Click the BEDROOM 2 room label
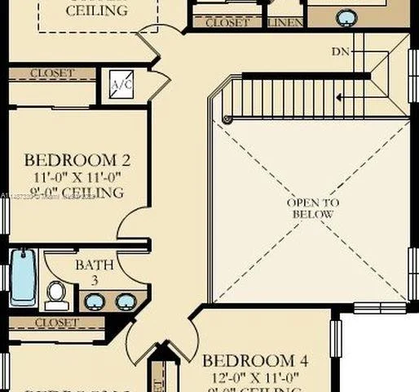click(77, 159)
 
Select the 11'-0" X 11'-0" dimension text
click(77, 176)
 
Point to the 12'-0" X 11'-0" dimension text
click(255, 377)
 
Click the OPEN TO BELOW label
click(313, 208)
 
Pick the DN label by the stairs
click(341, 51)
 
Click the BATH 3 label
click(89, 272)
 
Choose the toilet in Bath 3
click(56, 294)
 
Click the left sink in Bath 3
click(94, 301)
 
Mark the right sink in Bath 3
click(125, 301)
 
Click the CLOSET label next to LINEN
click(227, 23)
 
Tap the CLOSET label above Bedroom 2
click(52, 73)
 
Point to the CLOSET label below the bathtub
click(56, 323)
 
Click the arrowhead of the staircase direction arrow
click(340, 96)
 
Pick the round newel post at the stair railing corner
click(227, 120)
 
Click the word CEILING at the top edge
click(96, 11)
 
